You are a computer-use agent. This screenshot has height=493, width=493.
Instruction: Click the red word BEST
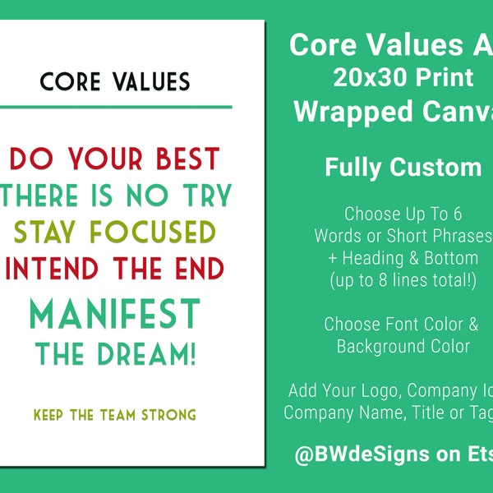tap(184, 158)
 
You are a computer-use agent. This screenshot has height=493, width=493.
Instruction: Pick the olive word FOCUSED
tap(164, 232)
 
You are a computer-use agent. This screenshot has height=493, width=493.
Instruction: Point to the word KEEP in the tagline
tap(50, 413)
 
